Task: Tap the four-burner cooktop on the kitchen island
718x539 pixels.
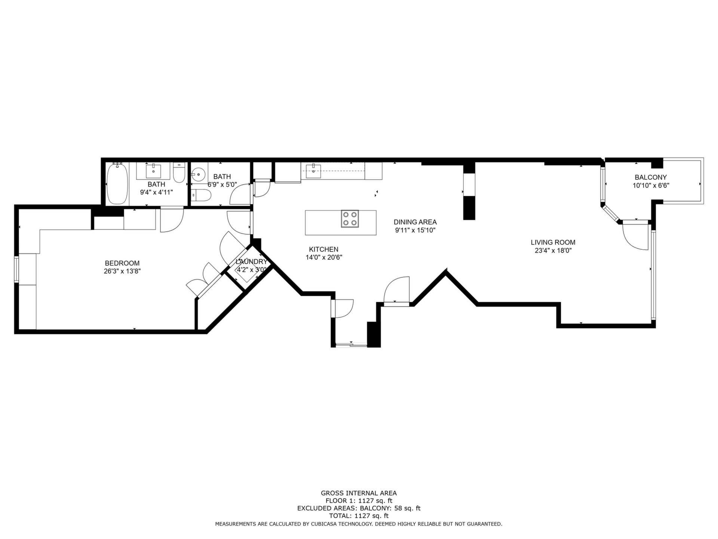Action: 350,219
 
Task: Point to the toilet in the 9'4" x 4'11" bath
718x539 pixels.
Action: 179,173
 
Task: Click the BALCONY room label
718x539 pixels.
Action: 651,177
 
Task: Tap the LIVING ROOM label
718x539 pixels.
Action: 553,243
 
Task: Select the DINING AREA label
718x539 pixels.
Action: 415,222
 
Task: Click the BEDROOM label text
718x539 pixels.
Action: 122,263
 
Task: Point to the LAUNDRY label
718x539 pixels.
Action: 251,262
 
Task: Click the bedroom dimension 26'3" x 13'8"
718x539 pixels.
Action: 122,271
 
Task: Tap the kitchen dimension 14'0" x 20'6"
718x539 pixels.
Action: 324,258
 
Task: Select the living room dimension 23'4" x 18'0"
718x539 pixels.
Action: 553,251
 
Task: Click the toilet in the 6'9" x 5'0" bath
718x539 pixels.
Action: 201,195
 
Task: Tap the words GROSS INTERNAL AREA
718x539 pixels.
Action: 359,493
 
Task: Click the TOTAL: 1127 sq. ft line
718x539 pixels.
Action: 359,516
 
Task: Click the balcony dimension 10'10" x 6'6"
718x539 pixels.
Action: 651,185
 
